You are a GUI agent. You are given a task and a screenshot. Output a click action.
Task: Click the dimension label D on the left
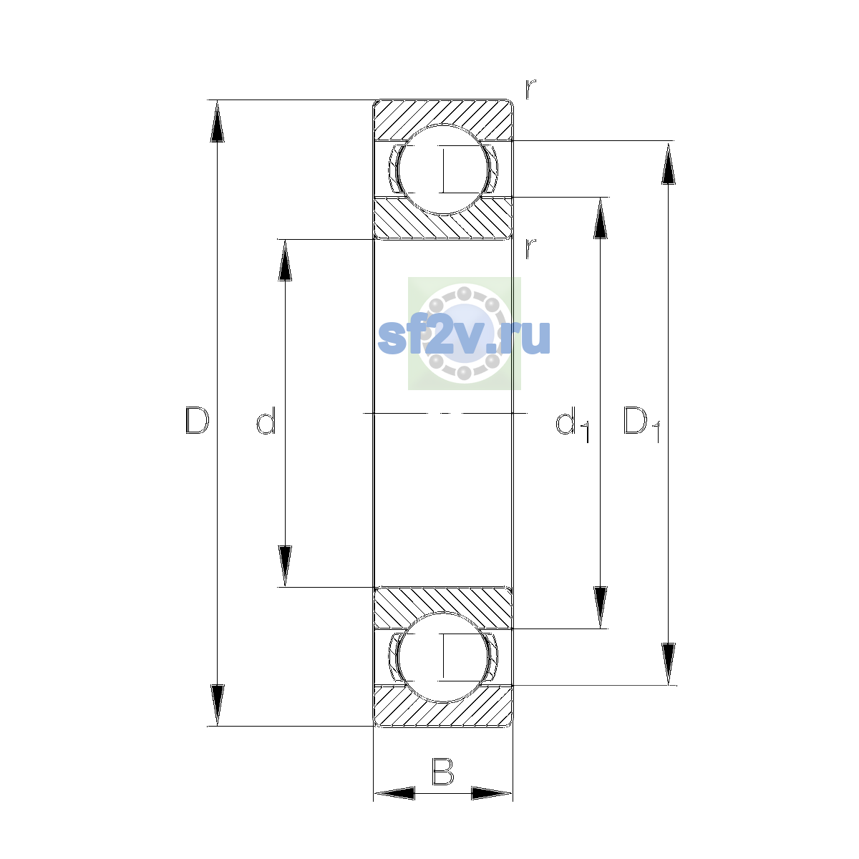point(197,420)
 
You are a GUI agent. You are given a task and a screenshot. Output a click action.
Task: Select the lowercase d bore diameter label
point(266,420)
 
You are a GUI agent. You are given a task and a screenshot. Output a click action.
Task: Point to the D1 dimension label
point(642,424)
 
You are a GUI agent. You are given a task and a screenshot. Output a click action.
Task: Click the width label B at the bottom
point(442,771)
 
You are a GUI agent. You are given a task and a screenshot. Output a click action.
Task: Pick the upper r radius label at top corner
point(530,89)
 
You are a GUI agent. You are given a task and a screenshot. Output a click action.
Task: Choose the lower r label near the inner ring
point(530,248)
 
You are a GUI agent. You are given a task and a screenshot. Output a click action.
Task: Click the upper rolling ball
point(442,170)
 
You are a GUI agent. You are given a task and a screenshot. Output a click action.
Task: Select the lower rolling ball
point(442,657)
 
